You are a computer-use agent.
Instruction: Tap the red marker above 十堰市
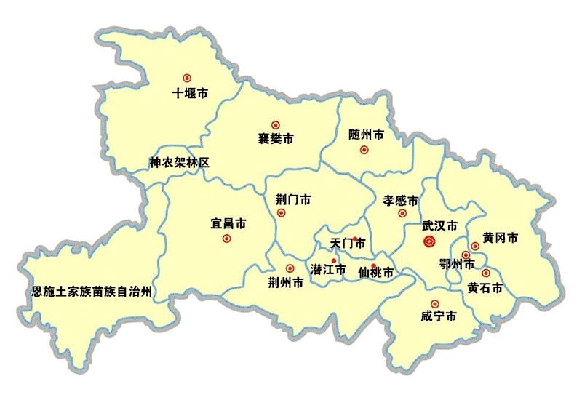[187, 77]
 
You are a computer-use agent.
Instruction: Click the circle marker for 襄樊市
[275, 124]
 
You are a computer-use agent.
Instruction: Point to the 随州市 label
[366, 135]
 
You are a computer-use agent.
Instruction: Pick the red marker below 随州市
[364, 151]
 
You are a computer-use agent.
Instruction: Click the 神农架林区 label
[179, 163]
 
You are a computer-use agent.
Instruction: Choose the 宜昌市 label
[228, 223]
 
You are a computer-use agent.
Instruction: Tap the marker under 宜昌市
[226, 238]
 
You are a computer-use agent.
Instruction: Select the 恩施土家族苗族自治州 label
[92, 292]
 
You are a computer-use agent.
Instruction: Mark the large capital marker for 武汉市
[428, 242]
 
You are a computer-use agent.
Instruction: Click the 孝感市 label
[401, 200]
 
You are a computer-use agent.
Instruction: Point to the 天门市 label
[347, 242]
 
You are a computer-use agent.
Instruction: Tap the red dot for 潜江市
[334, 260]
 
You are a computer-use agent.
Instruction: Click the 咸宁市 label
[439, 317]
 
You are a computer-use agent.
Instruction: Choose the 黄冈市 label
[500, 238]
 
